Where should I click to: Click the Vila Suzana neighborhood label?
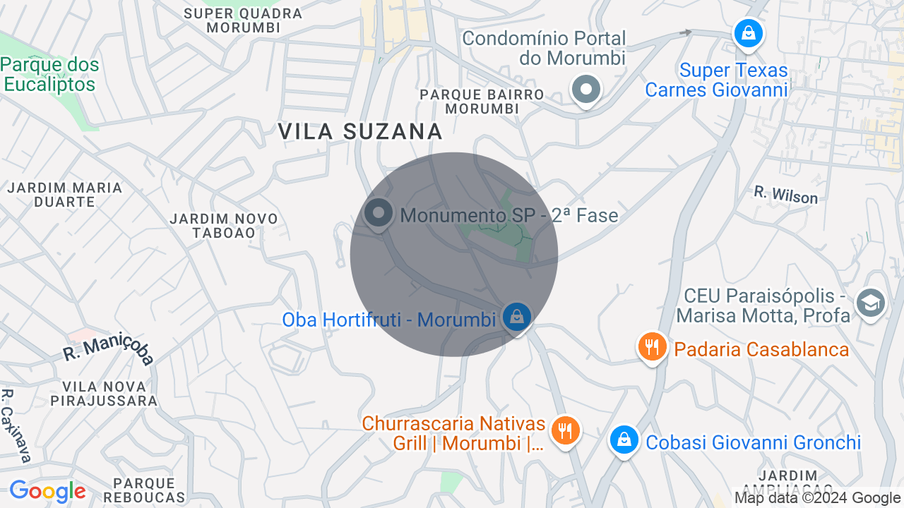[360, 131]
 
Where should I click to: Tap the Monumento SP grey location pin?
[379, 213]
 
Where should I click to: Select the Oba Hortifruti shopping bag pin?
[517, 317]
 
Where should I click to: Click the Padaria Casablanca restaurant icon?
[653, 347]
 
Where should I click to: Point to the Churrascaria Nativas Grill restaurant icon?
[564, 430]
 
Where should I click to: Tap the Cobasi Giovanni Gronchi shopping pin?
[624, 440]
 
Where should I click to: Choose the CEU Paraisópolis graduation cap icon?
[870, 303]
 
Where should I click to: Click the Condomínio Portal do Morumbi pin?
[585, 90]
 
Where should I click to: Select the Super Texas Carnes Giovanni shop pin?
[748, 33]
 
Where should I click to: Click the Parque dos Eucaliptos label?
[49, 75]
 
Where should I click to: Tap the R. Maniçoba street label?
[108, 349]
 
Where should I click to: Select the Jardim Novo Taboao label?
[224, 226]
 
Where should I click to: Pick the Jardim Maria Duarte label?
[65, 195]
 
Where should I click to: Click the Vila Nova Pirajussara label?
[104, 394]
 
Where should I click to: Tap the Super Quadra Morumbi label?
[243, 20]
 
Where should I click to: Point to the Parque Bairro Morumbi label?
[482, 102]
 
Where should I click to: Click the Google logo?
[47, 491]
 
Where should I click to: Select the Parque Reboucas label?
[144, 490]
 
